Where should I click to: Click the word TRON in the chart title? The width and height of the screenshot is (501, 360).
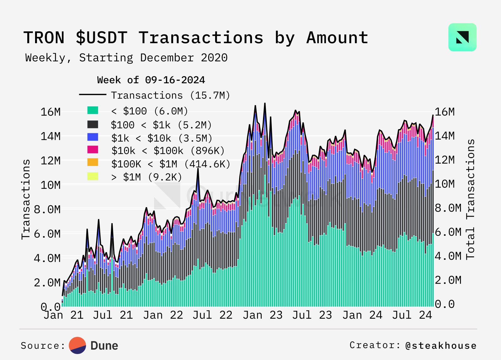tap(44, 38)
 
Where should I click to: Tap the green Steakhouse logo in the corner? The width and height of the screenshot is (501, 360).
tap(462, 37)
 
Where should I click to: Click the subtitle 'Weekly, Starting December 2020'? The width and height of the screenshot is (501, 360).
tap(126, 58)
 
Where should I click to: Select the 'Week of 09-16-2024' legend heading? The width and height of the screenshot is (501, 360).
tap(151, 80)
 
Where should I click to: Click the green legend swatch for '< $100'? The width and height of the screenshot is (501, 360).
tap(93, 111)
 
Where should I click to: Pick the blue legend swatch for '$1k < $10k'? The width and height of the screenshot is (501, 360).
tap(93, 137)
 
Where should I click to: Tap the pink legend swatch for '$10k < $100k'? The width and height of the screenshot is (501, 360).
tap(93, 150)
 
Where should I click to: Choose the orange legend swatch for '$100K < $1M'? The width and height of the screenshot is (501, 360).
tap(93, 162)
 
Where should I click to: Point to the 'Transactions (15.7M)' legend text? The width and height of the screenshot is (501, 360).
tap(170, 95)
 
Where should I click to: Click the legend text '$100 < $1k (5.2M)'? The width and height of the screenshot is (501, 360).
tap(161, 125)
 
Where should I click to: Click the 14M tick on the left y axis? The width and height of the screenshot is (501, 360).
tap(50, 136)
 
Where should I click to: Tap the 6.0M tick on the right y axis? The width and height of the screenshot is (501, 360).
tap(448, 232)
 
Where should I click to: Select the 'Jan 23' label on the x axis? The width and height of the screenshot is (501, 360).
tap(262, 315)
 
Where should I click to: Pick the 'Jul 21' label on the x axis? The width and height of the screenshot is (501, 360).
tap(113, 315)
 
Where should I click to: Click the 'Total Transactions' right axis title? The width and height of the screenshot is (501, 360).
tap(470, 199)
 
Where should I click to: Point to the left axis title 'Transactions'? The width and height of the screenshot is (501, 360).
tap(26, 199)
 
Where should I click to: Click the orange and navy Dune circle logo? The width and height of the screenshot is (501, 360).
tap(77, 346)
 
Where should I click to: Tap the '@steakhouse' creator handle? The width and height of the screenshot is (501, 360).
tap(441, 346)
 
